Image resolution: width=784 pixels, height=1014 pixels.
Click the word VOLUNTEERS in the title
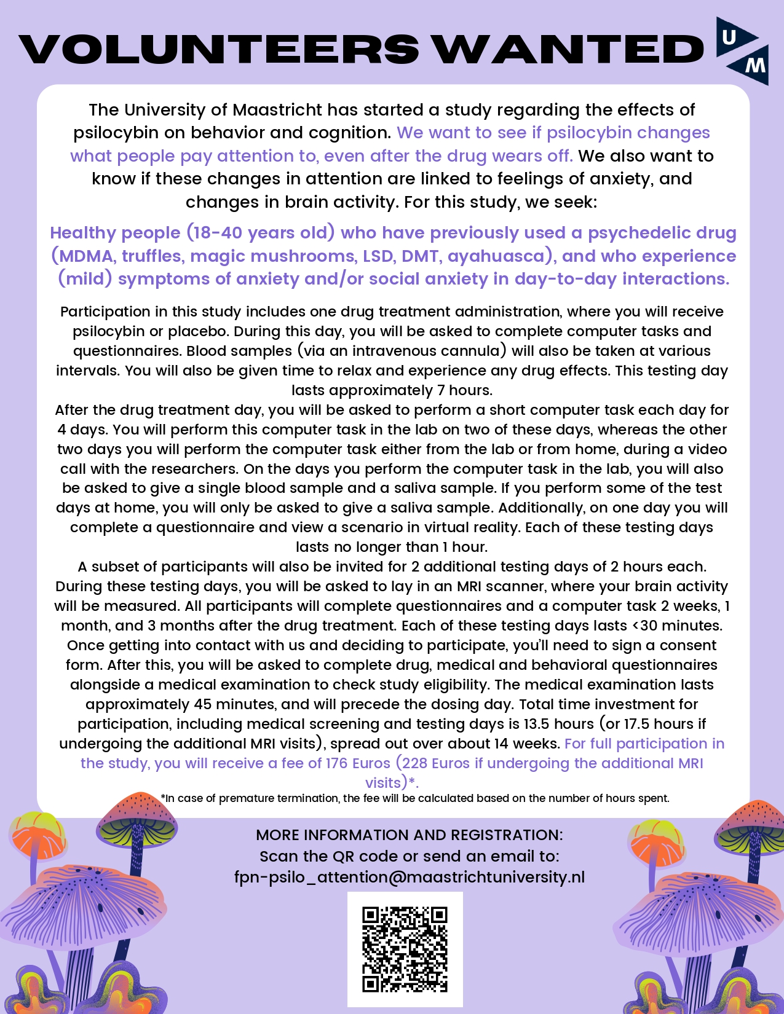coord(219,49)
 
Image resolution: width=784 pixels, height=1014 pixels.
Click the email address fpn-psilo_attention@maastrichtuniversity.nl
coord(410,877)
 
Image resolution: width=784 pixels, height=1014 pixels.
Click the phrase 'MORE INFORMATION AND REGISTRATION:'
coord(410,835)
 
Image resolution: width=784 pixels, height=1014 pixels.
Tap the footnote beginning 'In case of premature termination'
coord(416,798)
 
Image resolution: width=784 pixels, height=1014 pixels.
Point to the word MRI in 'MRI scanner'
coord(470,586)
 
